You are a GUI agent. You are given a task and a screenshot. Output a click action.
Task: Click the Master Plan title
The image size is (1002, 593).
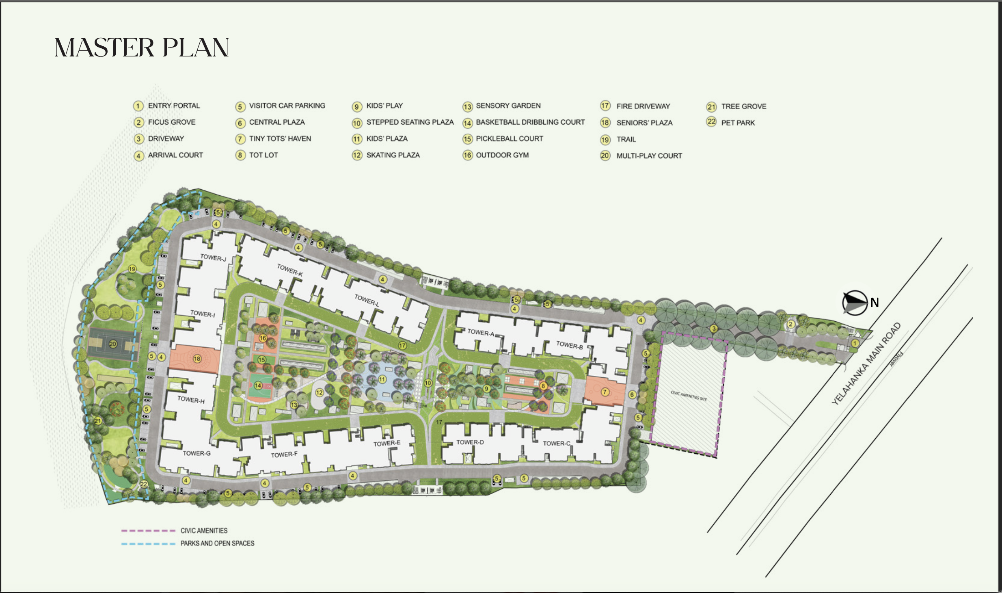click(x=142, y=48)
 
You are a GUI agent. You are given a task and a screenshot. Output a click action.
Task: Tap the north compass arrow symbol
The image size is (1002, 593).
click(x=854, y=303)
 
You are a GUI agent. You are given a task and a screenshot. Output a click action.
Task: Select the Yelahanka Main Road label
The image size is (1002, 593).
click(x=866, y=364)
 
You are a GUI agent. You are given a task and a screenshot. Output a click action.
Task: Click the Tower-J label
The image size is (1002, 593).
click(x=213, y=258)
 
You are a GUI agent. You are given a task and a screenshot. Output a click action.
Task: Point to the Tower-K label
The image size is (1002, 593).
click(x=290, y=270)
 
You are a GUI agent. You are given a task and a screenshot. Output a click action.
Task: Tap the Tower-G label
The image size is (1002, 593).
click(x=197, y=453)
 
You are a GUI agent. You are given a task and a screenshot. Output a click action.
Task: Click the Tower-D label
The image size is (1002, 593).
click(x=470, y=442)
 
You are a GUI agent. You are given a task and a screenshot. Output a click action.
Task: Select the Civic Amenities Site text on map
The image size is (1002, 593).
click(x=689, y=396)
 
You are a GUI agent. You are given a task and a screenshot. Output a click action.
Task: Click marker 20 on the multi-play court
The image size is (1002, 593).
click(x=113, y=344)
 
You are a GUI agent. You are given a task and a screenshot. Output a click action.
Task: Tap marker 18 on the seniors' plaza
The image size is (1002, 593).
click(x=197, y=359)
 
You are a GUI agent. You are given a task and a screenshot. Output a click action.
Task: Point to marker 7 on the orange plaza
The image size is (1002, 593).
click(x=605, y=392)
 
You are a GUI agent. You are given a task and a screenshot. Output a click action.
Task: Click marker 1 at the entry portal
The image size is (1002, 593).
click(x=855, y=343)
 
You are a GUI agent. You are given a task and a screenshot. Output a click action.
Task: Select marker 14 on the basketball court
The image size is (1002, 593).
click(x=258, y=385)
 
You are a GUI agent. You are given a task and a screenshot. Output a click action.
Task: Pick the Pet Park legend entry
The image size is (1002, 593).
click(x=738, y=123)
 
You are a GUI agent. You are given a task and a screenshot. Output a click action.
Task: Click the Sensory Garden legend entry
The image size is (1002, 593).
click(x=508, y=106)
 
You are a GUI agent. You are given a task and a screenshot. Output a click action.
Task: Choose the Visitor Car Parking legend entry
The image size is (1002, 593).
click(x=287, y=106)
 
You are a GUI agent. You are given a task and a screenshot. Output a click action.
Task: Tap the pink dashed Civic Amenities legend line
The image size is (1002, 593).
click(x=148, y=530)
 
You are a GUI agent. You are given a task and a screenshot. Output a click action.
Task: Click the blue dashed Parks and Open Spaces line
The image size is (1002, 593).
click(x=148, y=543)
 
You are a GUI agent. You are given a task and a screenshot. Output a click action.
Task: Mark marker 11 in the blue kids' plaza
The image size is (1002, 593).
click(x=382, y=379)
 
